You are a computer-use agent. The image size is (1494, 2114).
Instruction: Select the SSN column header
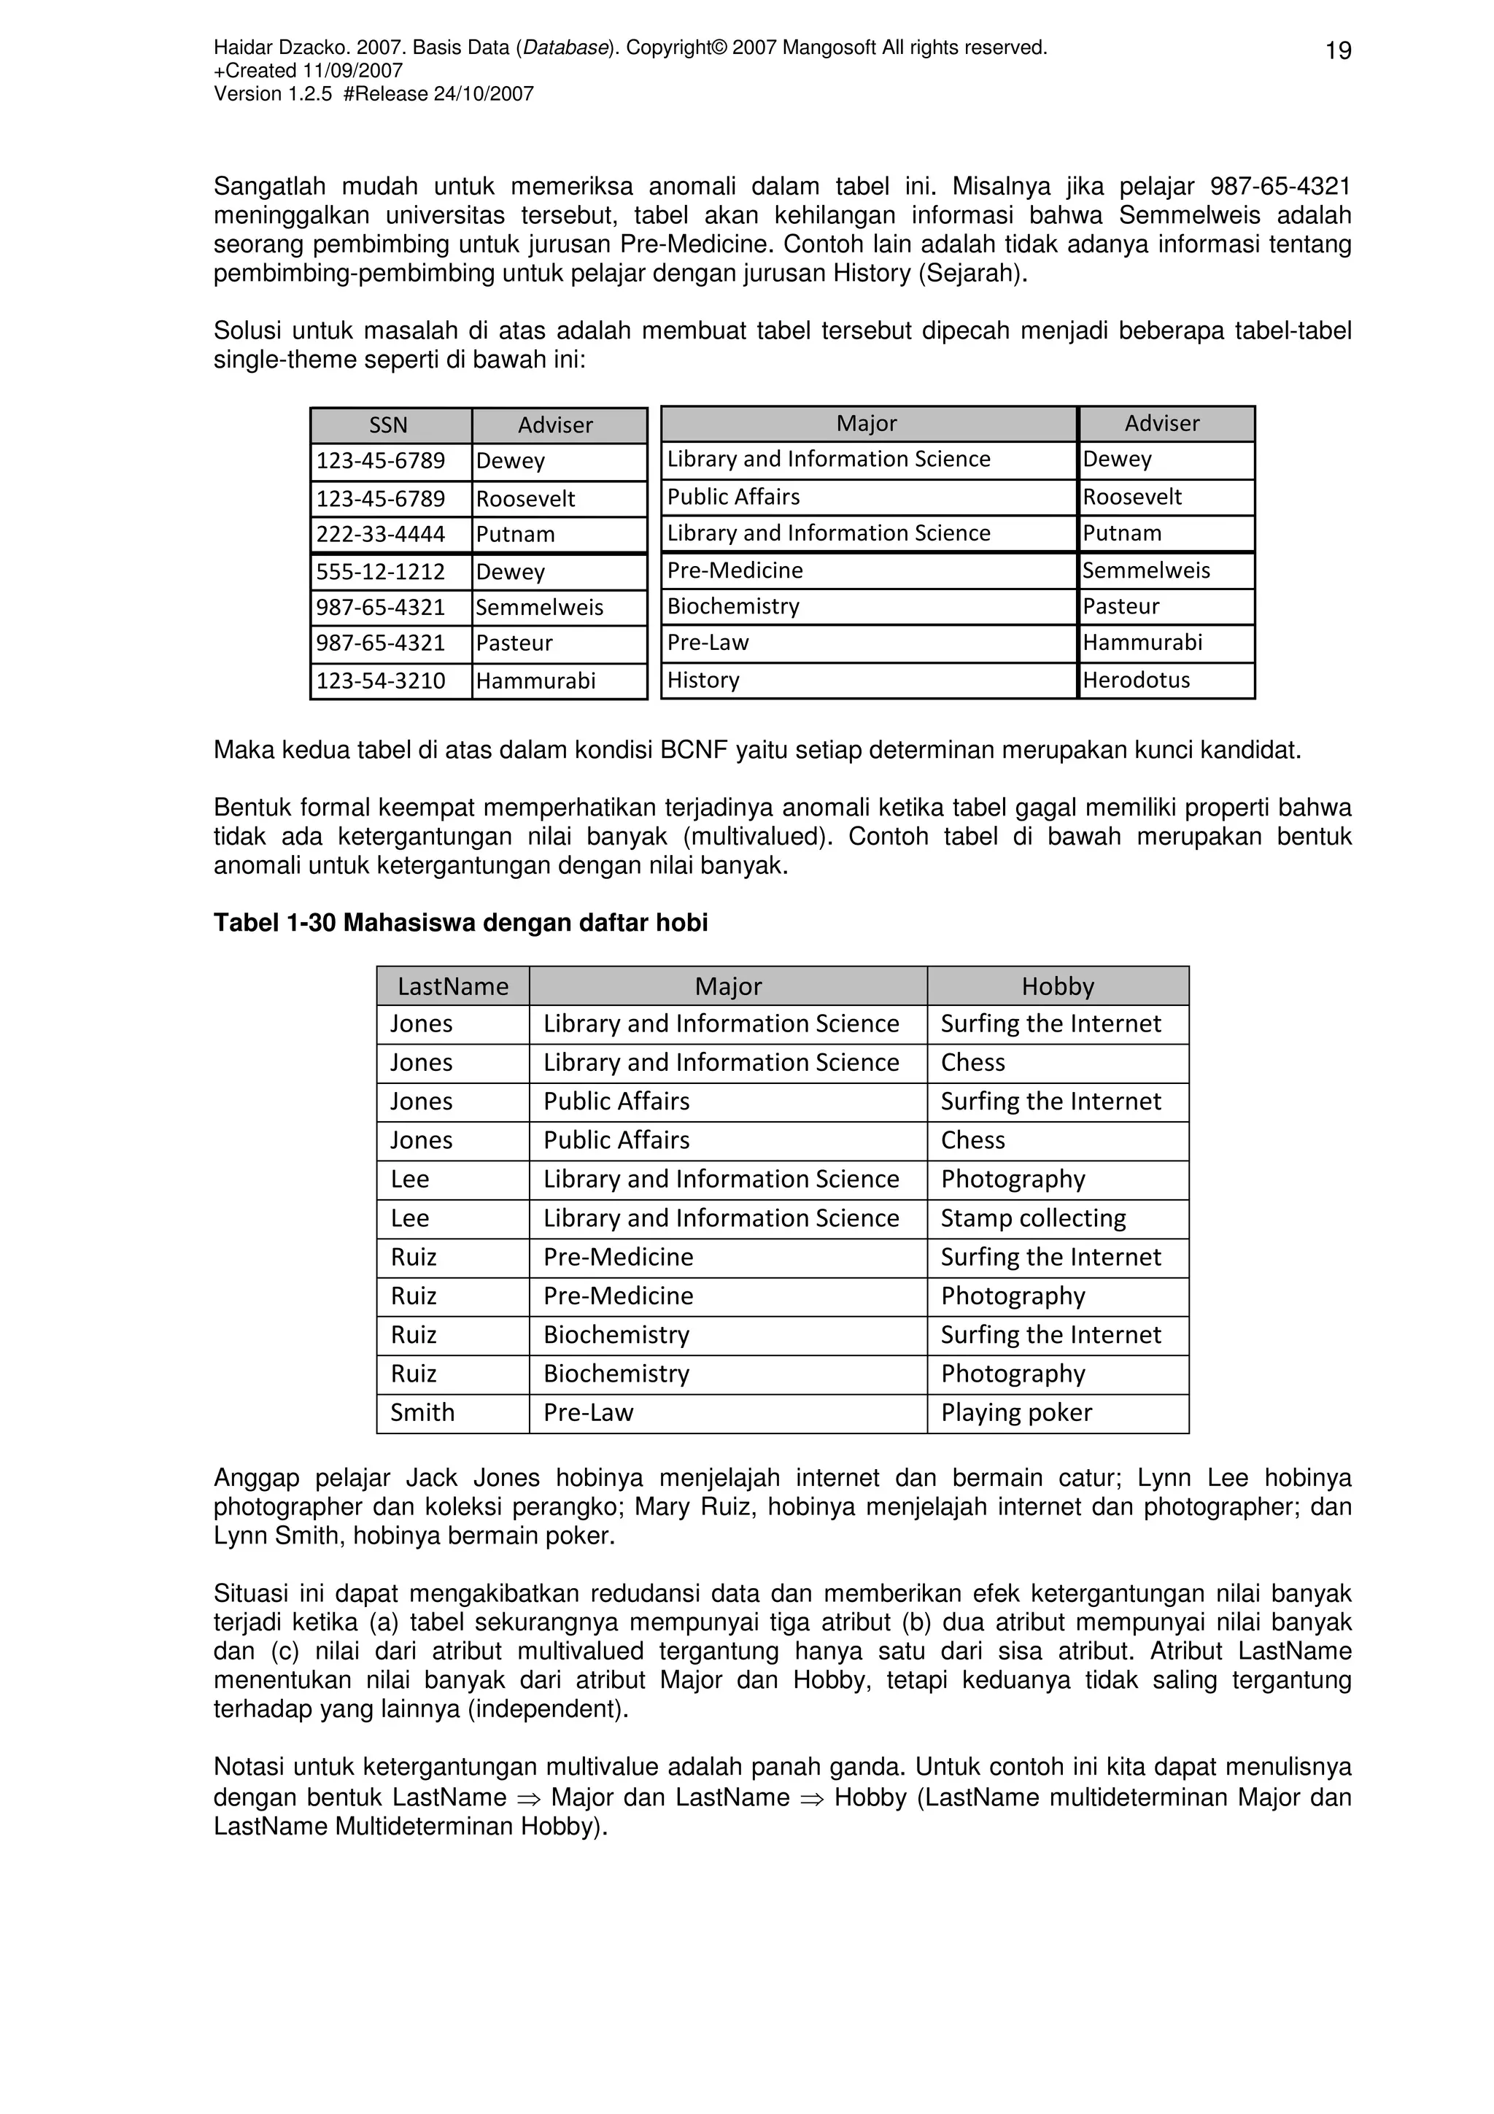[x=389, y=425]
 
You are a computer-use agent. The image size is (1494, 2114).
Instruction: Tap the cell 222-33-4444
[x=381, y=534]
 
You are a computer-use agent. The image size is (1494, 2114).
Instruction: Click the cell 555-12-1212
[x=381, y=572]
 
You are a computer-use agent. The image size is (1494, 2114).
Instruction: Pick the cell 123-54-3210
[x=381, y=681]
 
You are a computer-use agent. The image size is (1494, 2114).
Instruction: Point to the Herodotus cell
[x=1136, y=680]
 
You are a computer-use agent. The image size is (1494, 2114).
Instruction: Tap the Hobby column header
[x=1058, y=986]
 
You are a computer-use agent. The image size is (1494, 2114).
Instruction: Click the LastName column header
[x=453, y=986]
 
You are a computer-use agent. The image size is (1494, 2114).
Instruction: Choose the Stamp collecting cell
[x=1033, y=1218]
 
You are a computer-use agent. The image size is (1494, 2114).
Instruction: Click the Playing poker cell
[x=1016, y=1412]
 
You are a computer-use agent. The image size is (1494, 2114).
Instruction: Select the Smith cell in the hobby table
[x=422, y=1412]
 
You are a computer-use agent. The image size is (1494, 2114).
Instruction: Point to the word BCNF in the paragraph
[x=689, y=751]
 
